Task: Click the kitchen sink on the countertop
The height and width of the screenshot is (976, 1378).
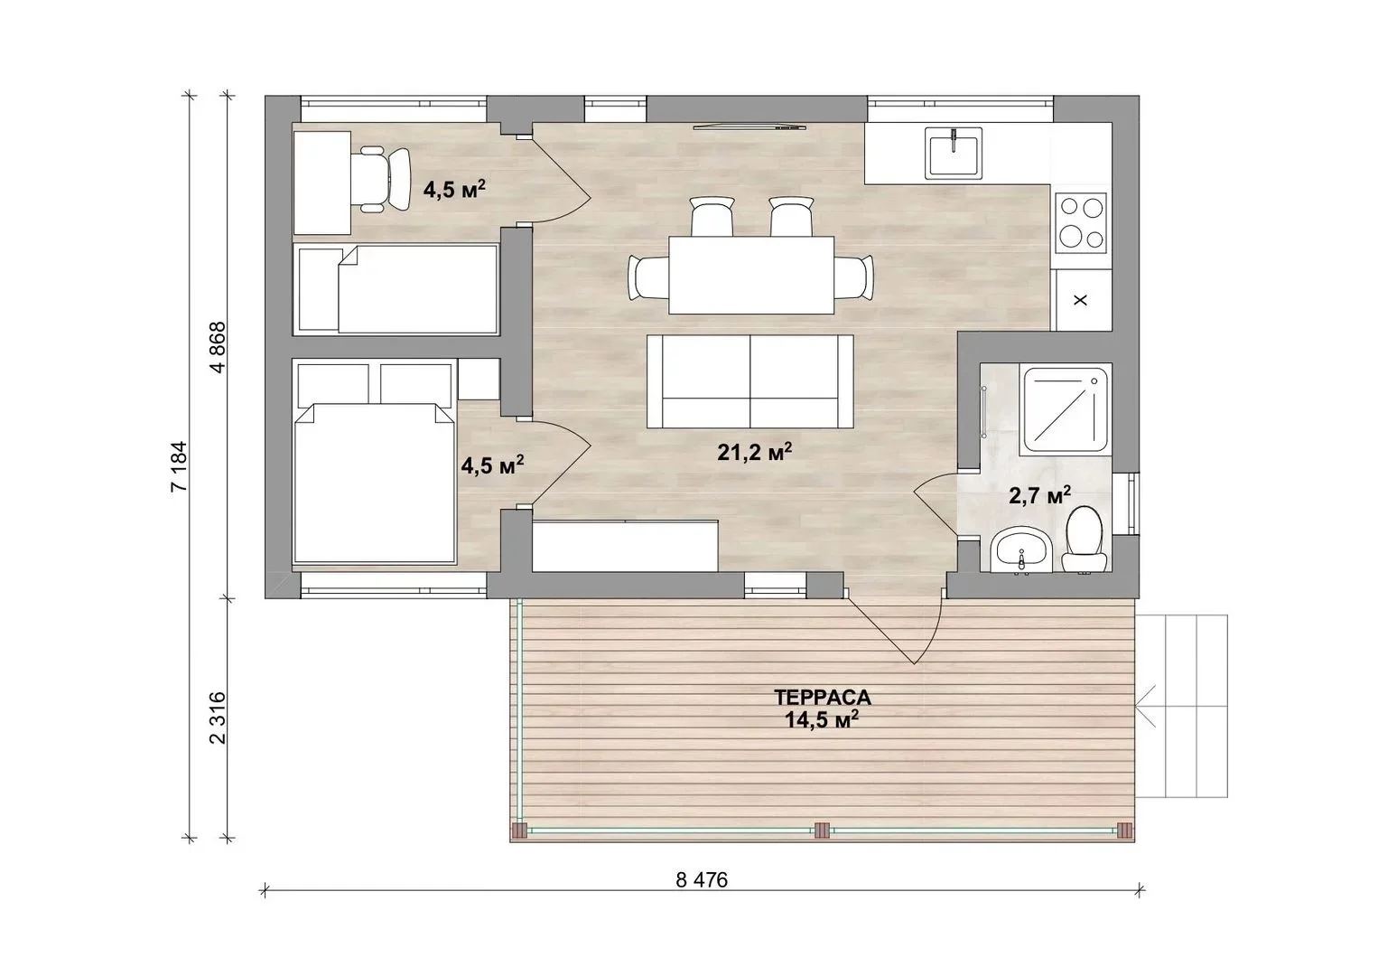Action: [953, 154]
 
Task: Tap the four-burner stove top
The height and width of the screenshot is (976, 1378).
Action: [1081, 222]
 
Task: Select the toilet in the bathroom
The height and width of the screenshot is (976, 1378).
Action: [1084, 540]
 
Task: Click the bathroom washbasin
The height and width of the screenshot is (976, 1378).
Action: [1022, 549]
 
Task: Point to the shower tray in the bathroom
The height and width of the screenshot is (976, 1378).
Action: [1064, 409]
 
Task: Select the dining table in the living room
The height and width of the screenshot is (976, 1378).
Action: [751, 275]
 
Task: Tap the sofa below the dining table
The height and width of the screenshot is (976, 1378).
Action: [750, 381]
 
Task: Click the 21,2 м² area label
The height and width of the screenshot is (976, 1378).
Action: [754, 452]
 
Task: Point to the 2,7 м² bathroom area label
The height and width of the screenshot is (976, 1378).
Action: [1039, 495]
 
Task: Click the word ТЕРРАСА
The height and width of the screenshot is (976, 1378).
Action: [823, 697]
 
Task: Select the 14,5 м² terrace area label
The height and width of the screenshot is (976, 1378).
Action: [822, 719]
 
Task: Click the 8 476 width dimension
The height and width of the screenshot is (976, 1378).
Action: [702, 880]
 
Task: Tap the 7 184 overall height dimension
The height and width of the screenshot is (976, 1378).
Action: [179, 466]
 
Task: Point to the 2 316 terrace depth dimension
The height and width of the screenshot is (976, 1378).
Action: [218, 718]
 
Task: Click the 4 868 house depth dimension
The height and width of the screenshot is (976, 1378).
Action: [218, 347]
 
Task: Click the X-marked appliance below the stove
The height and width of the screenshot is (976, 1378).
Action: [1081, 300]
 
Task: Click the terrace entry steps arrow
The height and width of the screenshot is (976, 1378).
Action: [1145, 706]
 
